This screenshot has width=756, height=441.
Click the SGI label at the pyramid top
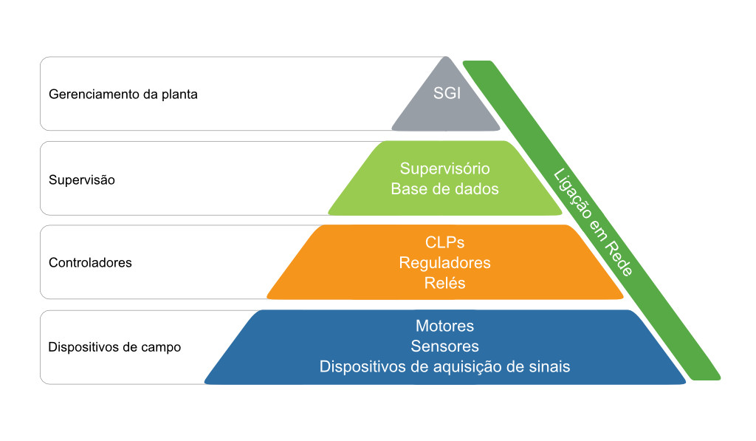[447, 92]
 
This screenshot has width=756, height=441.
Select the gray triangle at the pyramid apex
[446, 101]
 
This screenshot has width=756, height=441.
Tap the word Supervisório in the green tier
[444, 168]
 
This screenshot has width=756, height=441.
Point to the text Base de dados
[444, 188]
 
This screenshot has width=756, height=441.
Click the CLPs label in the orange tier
[444, 242]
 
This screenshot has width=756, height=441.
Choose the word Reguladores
[444, 262]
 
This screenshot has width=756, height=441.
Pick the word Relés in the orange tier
[444, 283]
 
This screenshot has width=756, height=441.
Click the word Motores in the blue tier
[444, 326]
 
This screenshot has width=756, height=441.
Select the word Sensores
[444, 346]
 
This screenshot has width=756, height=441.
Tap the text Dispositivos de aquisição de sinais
[444, 366]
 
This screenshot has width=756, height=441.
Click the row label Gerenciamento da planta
[123, 94]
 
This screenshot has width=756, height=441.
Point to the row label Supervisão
[81, 180]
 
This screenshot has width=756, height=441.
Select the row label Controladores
[90, 262]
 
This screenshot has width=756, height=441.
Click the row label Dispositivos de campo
[114, 347]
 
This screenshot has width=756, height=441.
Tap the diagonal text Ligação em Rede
[593, 222]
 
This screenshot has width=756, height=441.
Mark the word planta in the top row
[179, 95]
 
